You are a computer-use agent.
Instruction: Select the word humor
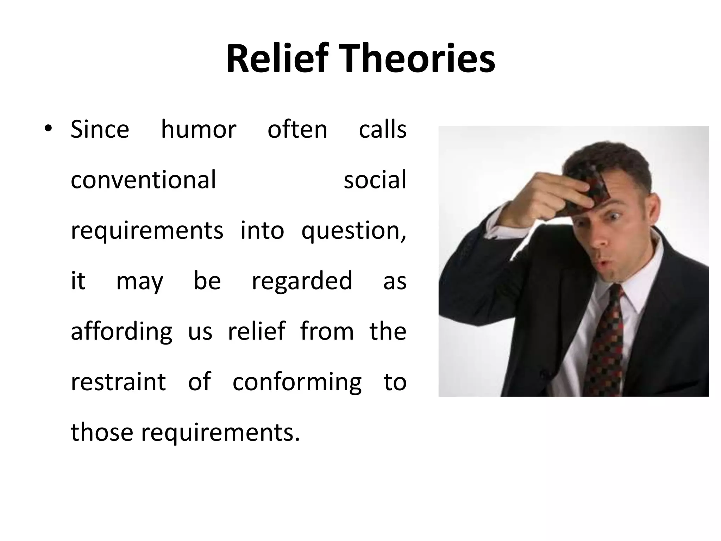click(x=199, y=129)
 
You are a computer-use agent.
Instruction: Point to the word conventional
click(x=143, y=180)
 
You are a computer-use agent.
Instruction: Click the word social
click(x=375, y=180)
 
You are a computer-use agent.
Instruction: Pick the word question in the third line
click(x=352, y=231)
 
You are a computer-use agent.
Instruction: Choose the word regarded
click(x=302, y=281)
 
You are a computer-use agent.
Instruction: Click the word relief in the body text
click(x=256, y=331)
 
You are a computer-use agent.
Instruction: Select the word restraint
click(x=118, y=382)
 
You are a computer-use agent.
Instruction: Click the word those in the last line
click(x=102, y=432)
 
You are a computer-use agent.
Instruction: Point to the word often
click(x=297, y=129)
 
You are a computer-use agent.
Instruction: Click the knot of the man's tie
click(x=615, y=294)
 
